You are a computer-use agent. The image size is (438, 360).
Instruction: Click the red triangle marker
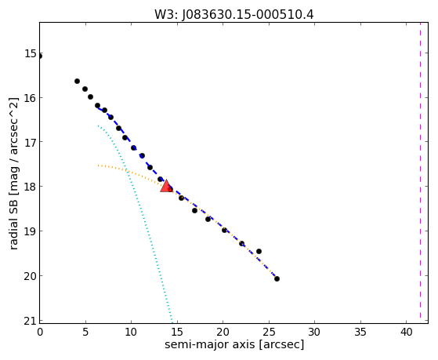point(166,186)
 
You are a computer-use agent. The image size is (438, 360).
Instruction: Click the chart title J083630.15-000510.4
point(248,15)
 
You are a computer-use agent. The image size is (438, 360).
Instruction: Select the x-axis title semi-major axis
point(209,344)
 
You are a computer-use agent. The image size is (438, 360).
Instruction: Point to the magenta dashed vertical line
point(420,173)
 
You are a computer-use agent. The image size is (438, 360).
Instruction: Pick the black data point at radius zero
point(40,56)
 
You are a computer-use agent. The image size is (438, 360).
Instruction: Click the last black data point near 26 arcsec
point(277,278)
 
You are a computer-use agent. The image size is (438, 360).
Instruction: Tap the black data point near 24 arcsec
point(259,251)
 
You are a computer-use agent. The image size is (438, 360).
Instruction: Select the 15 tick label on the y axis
point(31,53)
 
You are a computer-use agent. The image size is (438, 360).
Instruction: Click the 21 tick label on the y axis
point(31,321)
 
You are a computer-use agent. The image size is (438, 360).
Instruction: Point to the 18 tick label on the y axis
point(31,187)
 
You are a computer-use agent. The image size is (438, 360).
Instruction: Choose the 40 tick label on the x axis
point(407,332)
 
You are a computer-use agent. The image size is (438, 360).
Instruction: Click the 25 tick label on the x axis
point(269,332)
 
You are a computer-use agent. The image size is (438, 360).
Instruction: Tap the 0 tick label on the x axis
point(40,332)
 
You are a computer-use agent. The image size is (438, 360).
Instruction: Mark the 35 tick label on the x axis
point(360,332)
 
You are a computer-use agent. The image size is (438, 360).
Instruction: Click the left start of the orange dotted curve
point(98,165)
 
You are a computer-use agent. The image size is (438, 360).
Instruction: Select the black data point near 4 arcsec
point(77,81)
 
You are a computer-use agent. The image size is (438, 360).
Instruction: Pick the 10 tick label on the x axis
point(131,332)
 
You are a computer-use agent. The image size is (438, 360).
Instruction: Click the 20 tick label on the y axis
point(31,276)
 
